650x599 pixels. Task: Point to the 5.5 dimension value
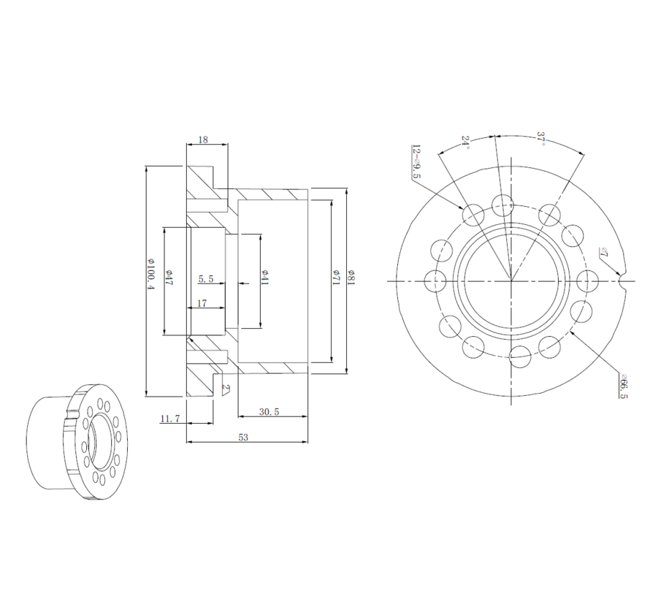206,279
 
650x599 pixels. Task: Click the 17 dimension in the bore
201,302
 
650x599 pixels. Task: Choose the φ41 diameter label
265,277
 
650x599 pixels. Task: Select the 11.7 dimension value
169,419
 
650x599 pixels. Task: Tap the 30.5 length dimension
269,412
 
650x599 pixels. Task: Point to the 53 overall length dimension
243,437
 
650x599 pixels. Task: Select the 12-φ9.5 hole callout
416,161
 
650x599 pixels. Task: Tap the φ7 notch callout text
603,253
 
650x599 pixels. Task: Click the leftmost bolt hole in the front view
435,281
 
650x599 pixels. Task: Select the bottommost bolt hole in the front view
521,356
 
